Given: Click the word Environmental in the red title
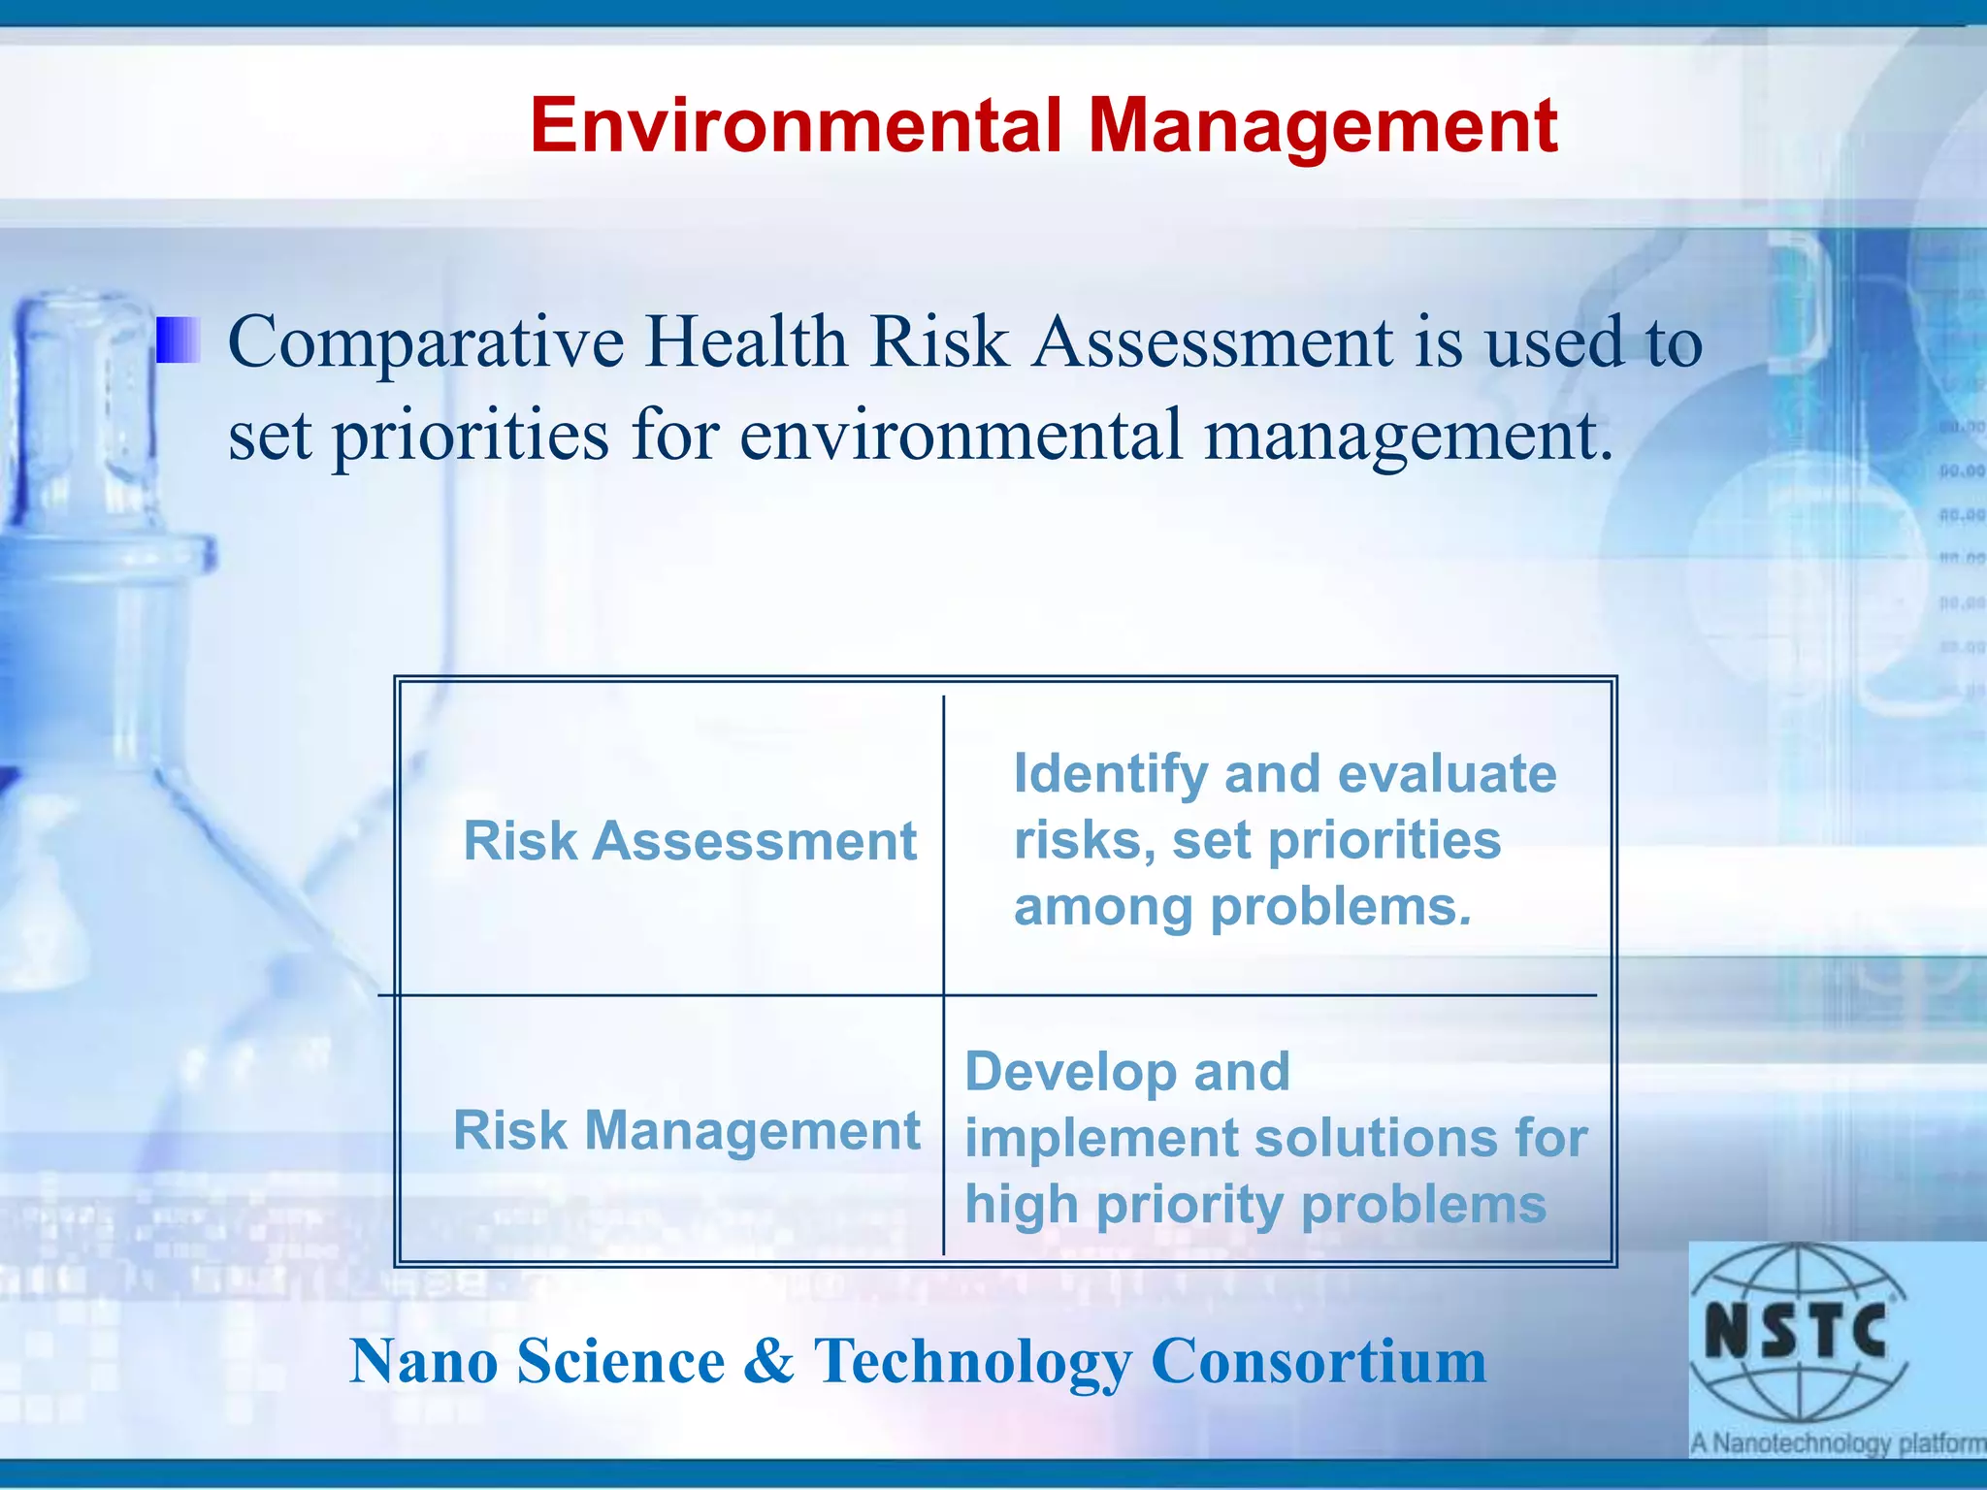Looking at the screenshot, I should point(796,126).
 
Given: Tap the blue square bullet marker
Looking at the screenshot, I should point(179,340).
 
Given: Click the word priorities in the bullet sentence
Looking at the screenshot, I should point(471,437).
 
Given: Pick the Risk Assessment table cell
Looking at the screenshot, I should point(690,840).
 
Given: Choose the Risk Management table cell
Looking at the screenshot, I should point(687,1130).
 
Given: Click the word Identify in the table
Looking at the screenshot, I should point(1111,775).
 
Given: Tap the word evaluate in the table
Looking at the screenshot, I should point(1447,774).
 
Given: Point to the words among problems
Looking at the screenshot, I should point(1242,908).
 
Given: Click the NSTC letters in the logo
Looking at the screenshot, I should point(1796,1331).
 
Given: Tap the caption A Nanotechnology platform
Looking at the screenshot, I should point(1838,1442).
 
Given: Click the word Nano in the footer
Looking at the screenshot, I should point(424,1361).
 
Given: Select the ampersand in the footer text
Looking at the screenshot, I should point(769,1361).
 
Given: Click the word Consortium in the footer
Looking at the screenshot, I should point(1319,1361).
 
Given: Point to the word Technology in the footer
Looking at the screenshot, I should point(972,1363).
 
